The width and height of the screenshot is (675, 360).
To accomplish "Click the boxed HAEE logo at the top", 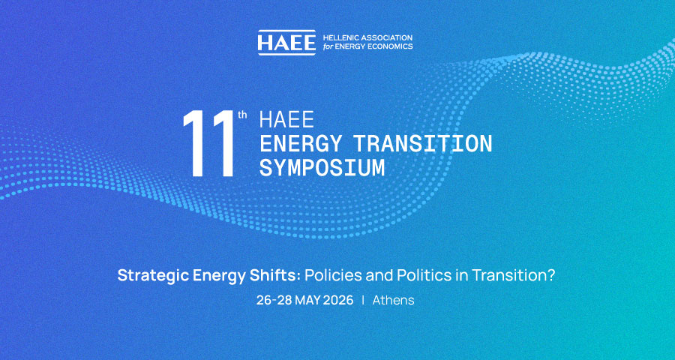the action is [x=286, y=43].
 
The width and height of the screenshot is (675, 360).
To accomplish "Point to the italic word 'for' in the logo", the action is [x=328, y=46].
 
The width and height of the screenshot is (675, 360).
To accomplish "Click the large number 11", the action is [x=208, y=143].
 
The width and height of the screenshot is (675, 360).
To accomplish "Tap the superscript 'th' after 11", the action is [x=242, y=115].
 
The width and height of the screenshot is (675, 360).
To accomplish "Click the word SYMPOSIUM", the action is [x=322, y=169].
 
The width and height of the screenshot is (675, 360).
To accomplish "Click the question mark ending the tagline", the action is [x=551, y=275].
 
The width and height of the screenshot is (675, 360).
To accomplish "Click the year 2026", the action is [x=338, y=301].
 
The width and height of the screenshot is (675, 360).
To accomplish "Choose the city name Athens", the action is [x=394, y=301].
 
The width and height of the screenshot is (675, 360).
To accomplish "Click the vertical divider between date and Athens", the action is [x=363, y=301].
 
